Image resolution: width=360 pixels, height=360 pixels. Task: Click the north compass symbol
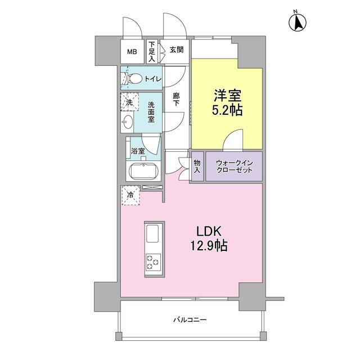pyautogui.click(x=298, y=23)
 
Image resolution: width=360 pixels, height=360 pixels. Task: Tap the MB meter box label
pyautogui.click(x=132, y=52)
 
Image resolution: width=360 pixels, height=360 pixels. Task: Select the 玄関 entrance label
pyautogui.click(x=176, y=50)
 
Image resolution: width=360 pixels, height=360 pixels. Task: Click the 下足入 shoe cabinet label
pyautogui.click(x=152, y=52)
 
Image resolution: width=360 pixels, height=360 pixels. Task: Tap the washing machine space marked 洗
pyautogui.click(x=129, y=103)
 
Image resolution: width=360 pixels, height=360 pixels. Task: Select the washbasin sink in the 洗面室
pyautogui.click(x=128, y=123)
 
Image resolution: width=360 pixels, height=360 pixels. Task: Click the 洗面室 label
pyautogui.click(x=152, y=112)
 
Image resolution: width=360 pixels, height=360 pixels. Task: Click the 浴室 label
pyautogui.click(x=138, y=151)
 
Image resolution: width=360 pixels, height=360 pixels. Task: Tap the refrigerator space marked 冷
pyautogui.click(x=130, y=196)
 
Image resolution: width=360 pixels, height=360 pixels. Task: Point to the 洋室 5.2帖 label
pyautogui.click(x=227, y=103)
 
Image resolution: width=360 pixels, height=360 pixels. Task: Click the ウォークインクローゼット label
pyautogui.click(x=233, y=166)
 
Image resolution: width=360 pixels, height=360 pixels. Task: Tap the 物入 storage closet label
pyautogui.click(x=197, y=166)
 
